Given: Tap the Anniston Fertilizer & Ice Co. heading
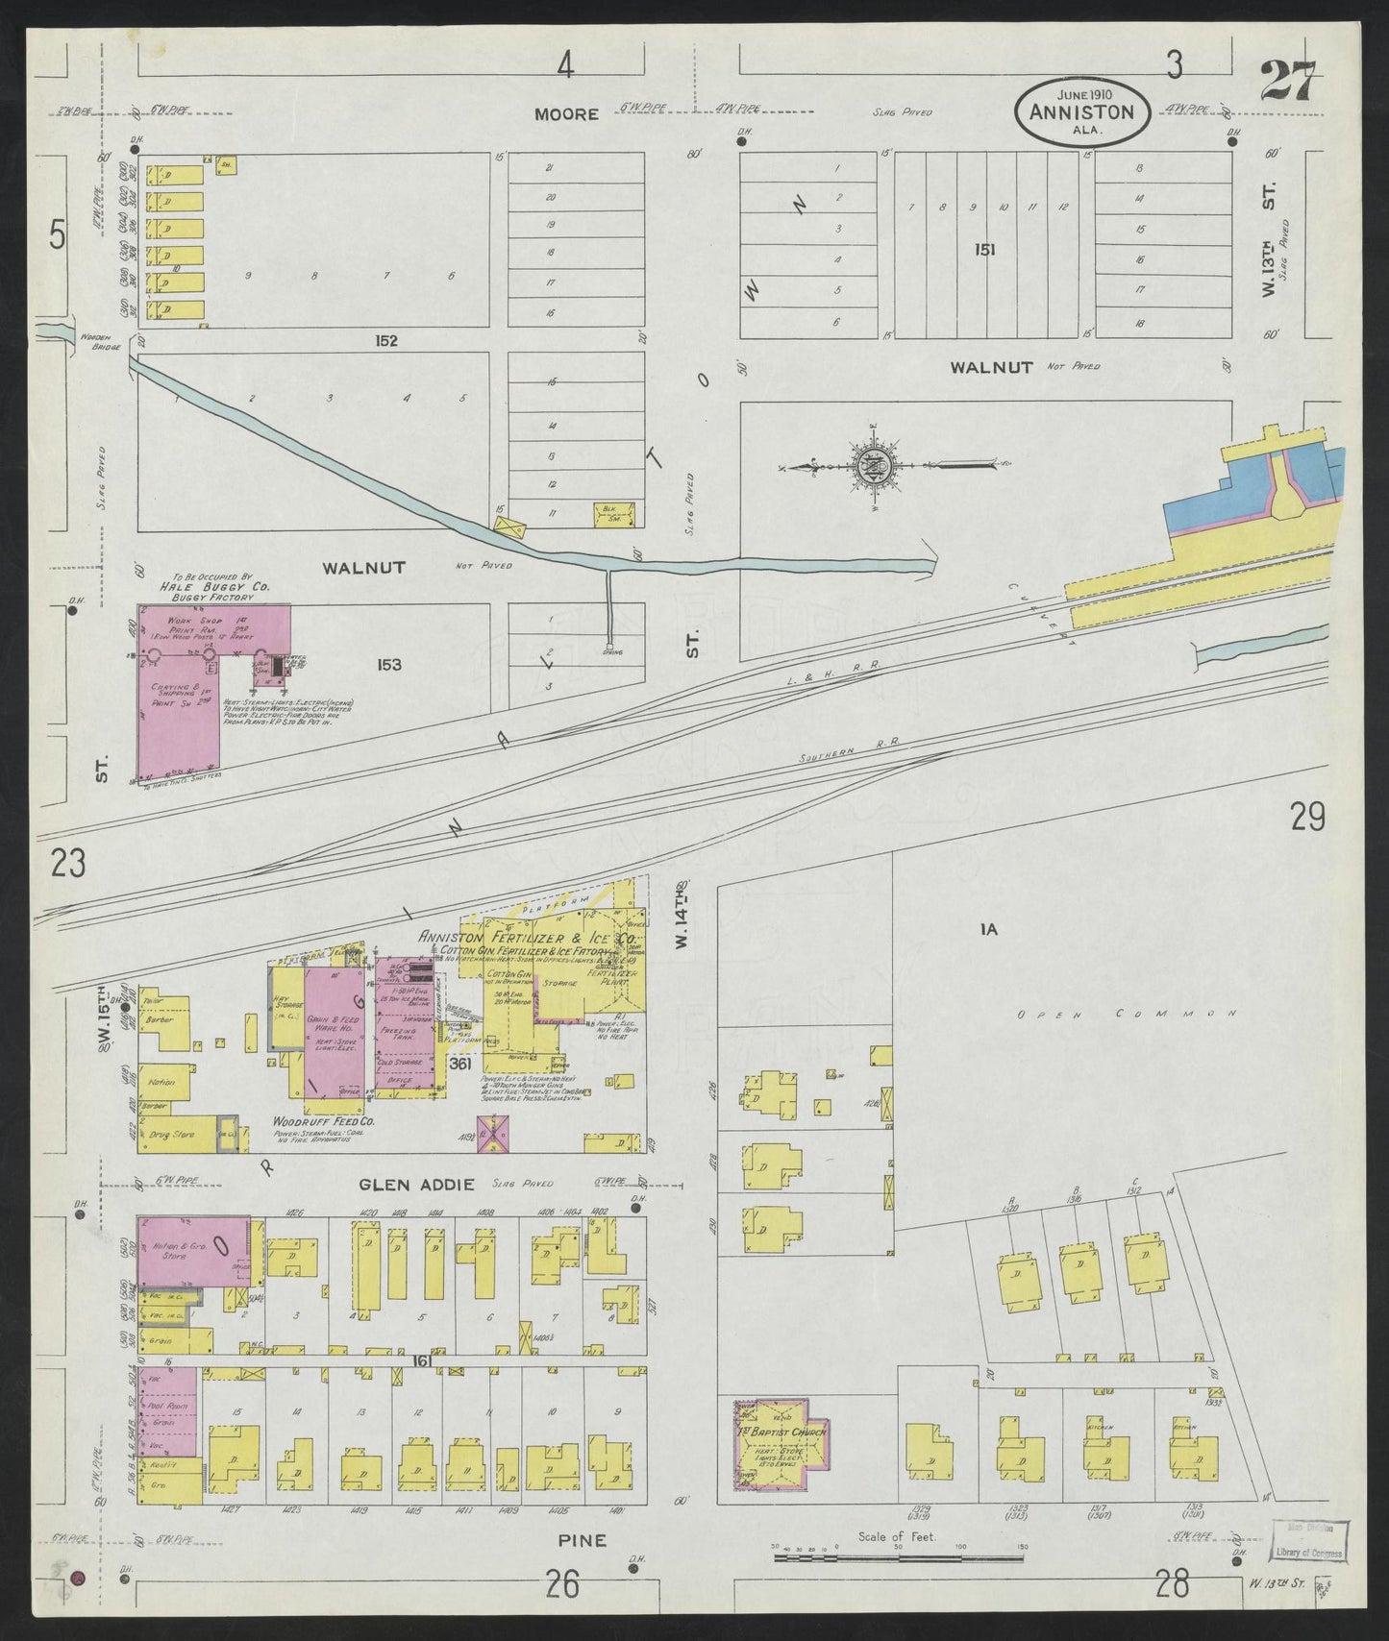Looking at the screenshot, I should (528, 938).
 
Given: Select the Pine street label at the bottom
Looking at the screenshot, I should (583, 1567).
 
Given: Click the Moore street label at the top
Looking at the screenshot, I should (566, 114).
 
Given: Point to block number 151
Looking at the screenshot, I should (983, 250).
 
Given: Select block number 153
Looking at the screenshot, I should (388, 664).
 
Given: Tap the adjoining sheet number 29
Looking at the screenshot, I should (1308, 818).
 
